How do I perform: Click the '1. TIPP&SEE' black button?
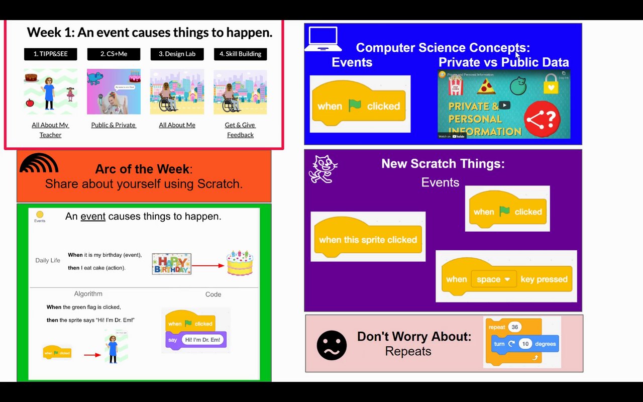point(50,54)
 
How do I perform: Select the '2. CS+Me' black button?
point(114,54)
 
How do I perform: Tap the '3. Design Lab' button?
point(177,54)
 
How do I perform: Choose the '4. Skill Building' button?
point(240,54)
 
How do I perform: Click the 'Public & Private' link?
point(114,125)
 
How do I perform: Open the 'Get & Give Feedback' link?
point(240,130)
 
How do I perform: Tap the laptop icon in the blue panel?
point(323,39)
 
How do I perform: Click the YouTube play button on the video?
point(504,105)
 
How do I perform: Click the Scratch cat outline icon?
point(323,169)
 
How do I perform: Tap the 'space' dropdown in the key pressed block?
point(493,279)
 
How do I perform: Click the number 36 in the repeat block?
point(514,327)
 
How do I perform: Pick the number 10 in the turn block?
point(525,344)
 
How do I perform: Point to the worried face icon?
point(332,345)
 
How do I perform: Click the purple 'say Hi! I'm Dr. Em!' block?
point(196,340)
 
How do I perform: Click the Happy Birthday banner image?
point(171,264)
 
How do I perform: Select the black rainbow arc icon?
point(39,163)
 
